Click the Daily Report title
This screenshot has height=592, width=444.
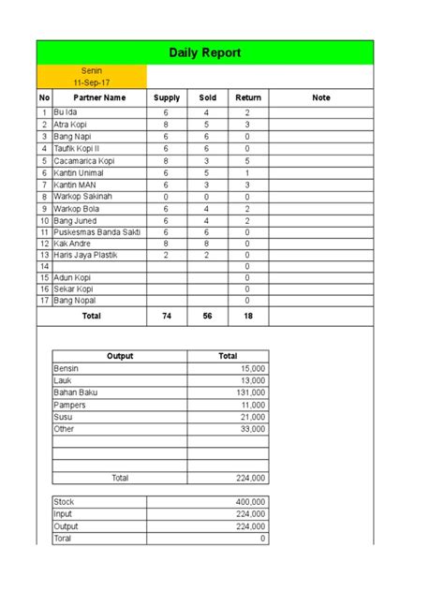pyautogui.click(x=205, y=52)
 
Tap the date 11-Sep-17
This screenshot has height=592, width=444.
pyautogui.click(x=92, y=81)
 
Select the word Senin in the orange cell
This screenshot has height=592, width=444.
pyautogui.click(x=92, y=69)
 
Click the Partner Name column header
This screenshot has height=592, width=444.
pyautogui.click(x=100, y=97)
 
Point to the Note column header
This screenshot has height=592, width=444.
pyautogui.click(x=321, y=97)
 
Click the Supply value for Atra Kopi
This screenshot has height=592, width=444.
pyautogui.click(x=166, y=125)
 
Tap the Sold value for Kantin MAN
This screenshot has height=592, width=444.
pyautogui.click(x=206, y=185)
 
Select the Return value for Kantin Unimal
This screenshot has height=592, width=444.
pyautogui.click(x=247, y=172)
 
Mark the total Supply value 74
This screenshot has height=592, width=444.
pyautogui.click(x=166, y=317)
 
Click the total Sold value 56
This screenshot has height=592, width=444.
pyautogui.click(x=206, y=317)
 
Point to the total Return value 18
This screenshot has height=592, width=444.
pyautogui.click(x=247, y=317)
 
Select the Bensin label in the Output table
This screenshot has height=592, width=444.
pyautogui.click(x=67, y=369)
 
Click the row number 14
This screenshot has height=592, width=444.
pyautogui.click(x=43, y=267)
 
